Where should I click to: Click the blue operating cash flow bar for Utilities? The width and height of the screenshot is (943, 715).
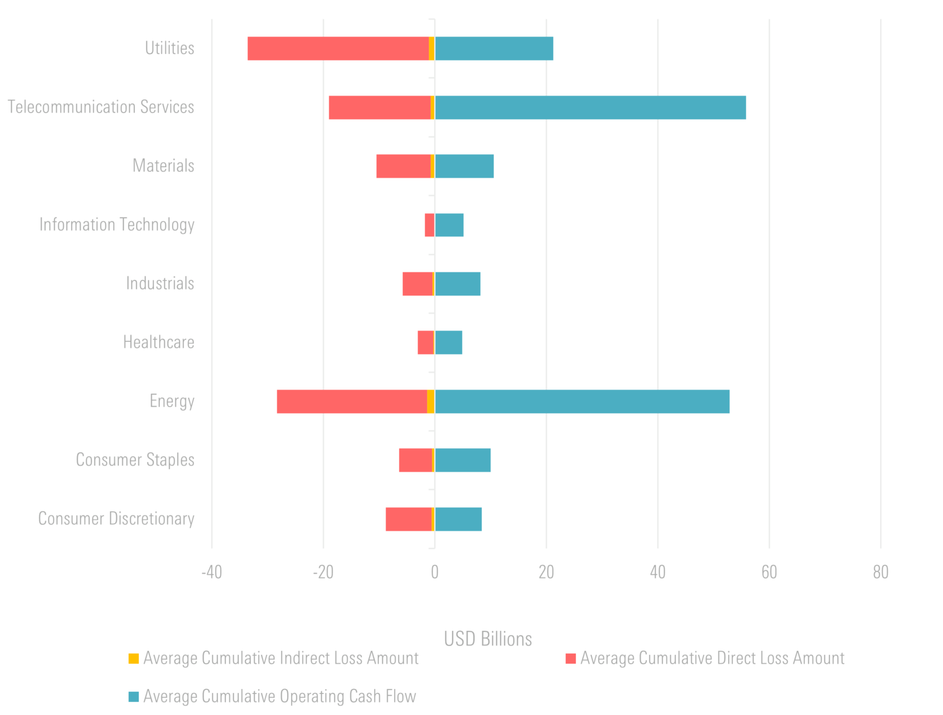(494, 48)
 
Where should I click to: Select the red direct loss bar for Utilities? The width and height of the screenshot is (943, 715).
(338, 48)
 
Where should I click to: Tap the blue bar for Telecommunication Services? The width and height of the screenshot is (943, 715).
(590, 107)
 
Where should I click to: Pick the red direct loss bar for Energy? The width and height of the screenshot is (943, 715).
(352, 401)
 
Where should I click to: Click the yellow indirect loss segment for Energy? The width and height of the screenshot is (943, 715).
(430, 401)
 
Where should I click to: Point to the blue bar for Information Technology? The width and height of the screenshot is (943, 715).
(449, 225)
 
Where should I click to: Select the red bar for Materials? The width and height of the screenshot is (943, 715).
(403, 166)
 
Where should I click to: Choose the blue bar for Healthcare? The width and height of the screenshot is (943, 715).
(448, 342)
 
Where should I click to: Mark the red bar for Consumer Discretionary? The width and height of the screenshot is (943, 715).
(408, 519)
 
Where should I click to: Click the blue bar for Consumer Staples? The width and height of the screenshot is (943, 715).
(462, 460)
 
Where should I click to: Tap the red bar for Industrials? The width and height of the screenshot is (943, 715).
(417, 284)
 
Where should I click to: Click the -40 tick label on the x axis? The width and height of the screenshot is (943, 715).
(211, 572)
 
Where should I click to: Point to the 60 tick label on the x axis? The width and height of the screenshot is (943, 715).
(769, 572)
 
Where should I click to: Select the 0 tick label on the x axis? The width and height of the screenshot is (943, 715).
(434, 572)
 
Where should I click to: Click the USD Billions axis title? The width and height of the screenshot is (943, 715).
(488, 639)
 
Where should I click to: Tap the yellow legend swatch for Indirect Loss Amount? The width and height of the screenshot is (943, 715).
(133, 659)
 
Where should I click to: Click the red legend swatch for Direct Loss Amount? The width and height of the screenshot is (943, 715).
(570, 659)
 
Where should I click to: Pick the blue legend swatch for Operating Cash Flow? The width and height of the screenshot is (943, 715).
(133, 696)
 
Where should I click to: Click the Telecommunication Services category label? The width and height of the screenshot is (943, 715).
(101, 107)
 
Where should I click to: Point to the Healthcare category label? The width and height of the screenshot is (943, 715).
(159, 342)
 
